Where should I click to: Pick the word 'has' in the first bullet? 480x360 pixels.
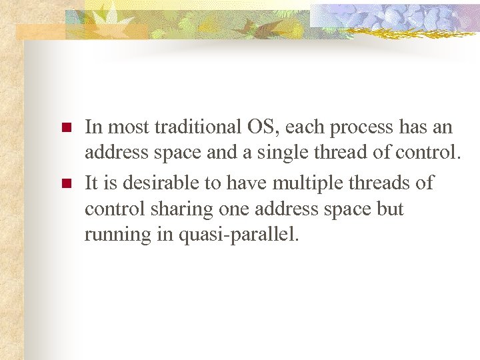point(417,127)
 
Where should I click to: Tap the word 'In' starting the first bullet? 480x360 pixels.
point(93,127)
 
